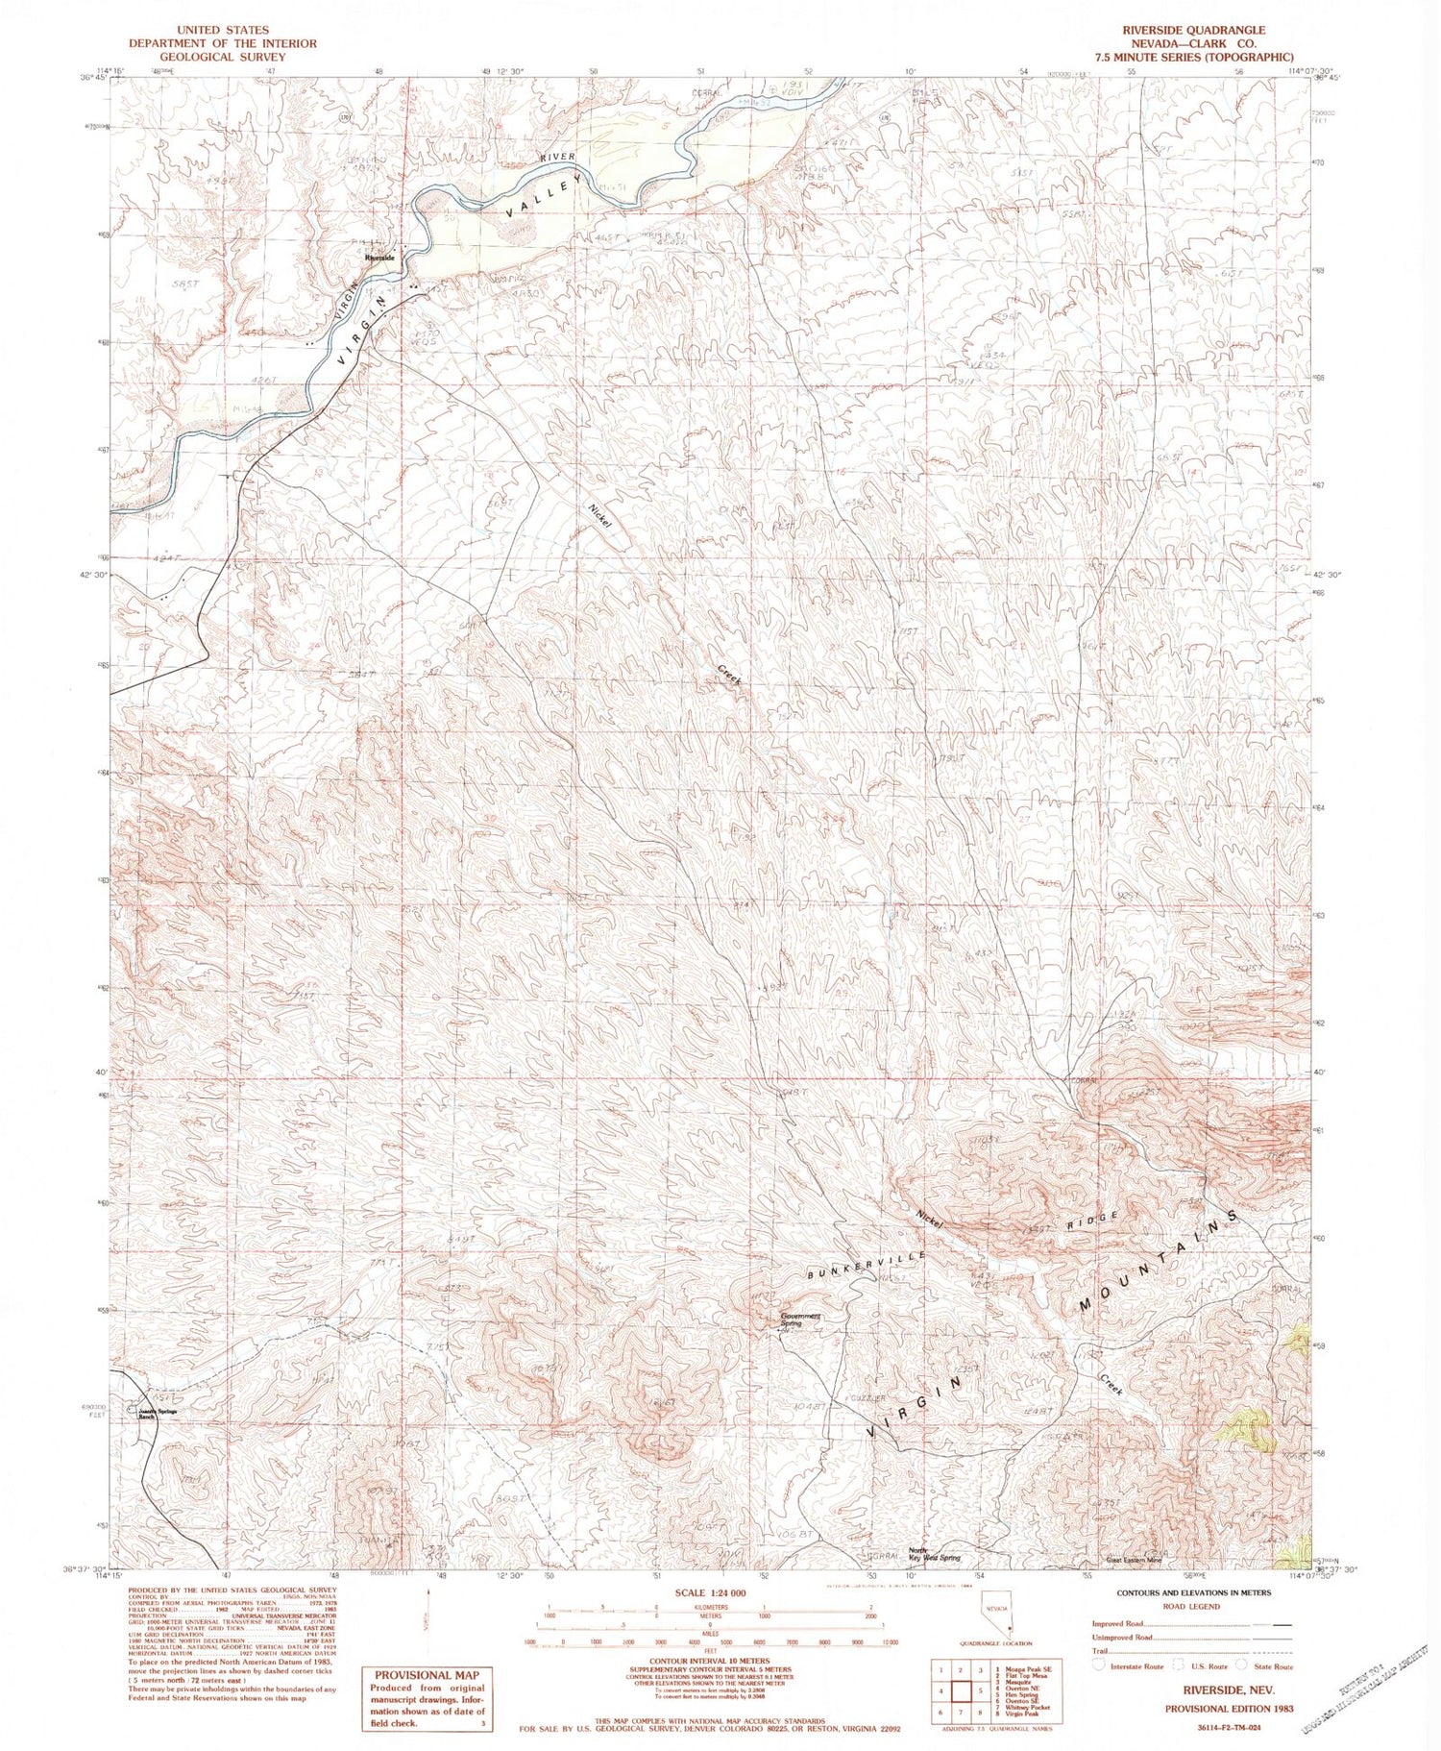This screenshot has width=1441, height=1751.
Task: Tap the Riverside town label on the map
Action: (x=379, y=258)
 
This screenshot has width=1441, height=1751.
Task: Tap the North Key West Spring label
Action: (x=934, y=1554)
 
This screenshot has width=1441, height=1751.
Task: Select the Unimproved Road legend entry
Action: (x=1123, y=1637)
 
